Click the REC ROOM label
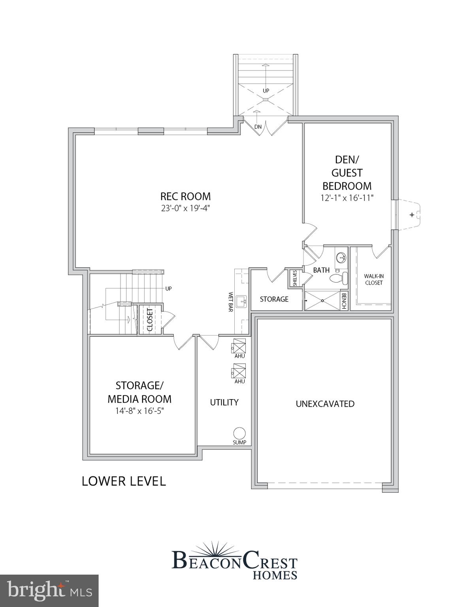[185, 196]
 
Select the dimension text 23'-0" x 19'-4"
[185, 208]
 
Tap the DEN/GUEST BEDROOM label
[347, 173]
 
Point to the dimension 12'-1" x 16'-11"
[347, 198]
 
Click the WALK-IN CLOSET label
[374, 279]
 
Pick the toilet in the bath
[339, 278]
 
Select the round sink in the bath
[341, 258]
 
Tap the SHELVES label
[295, 278]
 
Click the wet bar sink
[241, 302]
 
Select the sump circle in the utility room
[239, 433]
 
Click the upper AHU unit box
[239, 346]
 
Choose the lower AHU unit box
[239, 371]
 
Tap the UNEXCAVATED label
[325, 404]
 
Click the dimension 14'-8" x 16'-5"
[139, 411]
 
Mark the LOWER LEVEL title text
[124, 481]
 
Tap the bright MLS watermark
[49, 591]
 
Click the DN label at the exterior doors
[258, 127]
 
